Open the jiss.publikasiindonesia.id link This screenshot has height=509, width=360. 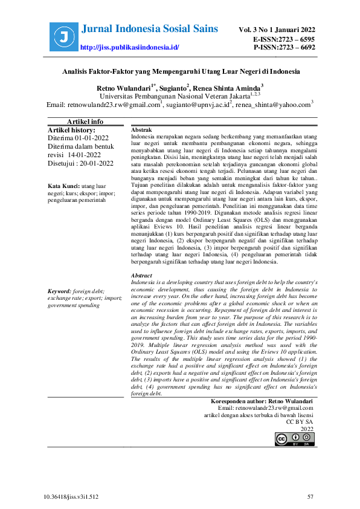pyautogui.click(x=129, y=47)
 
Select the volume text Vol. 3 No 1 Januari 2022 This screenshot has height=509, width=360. pyautogui.click(x=277, y=30)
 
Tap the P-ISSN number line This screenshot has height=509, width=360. pyautogui.click(x=284, y=47)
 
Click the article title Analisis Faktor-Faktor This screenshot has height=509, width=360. pyautogui.click(x=181, y=71)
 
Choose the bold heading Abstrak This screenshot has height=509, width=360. pyautogui.click(x=141, y=131)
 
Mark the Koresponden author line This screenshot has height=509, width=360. pyautogui.click(x=262, y=401)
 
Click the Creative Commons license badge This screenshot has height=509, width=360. pyautogui.click(x=294, y=438)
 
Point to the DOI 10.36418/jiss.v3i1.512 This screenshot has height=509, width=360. pyautogui.click(x=71, y=497)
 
